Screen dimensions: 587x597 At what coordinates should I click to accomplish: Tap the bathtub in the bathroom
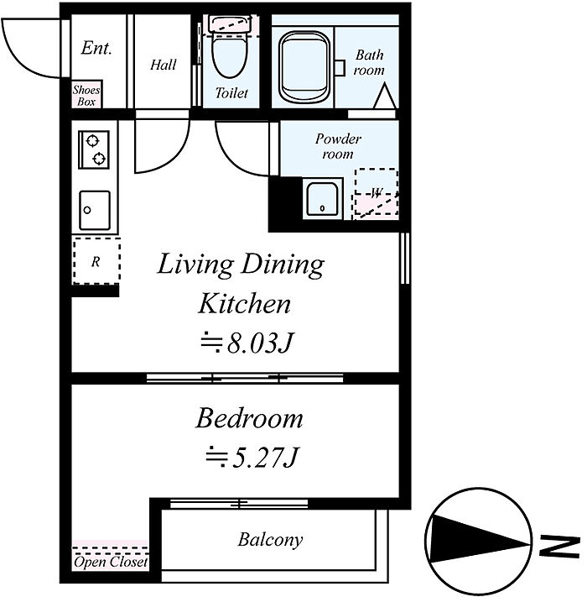pyautogui.click(x=304, y=67)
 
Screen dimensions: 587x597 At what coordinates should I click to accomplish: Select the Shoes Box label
pyautogui.click(x=86, y=96)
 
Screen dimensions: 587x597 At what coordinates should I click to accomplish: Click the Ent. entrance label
pyautogui.click(x=96, y=48)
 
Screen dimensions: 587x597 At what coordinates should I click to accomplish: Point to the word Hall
pyautogui.click(x=163, y=65)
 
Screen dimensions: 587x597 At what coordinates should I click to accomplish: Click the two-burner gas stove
pyautogui.click(x=94, y=149)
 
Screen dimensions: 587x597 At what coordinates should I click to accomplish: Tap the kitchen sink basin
pyautogui.click(x=95, y=210)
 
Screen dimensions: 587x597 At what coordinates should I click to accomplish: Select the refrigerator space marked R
pyautogui.click(x=96, y=261)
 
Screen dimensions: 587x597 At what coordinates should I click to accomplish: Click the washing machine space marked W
pyautogui.click(x=376, y=192)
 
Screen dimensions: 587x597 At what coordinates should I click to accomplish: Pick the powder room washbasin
pyautogui.click(x=322, y=199)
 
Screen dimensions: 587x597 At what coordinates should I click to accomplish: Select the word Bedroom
pyautogui.click(x=249, y=418)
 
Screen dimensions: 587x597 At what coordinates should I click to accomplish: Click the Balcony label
pyautogui.click(x=270, y=540)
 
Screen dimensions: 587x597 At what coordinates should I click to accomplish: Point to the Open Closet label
pyautogui.click(x=111, y=562)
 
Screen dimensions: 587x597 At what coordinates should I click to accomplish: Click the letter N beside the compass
pyautogui.click(x=559, y=547)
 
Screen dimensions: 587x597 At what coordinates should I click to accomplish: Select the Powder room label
pyautogui.click(x=338, y=146)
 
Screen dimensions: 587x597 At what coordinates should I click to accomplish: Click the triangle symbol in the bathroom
pyautogui.click(x=385, y=96)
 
